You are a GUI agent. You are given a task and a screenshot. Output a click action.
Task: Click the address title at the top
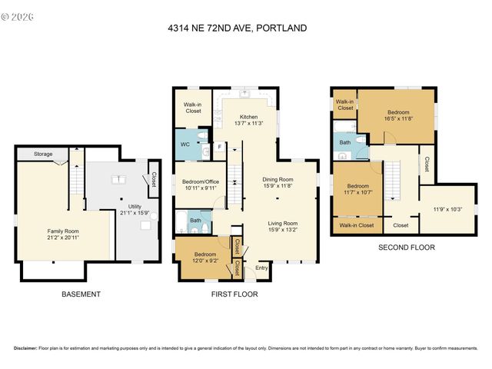[237, 28]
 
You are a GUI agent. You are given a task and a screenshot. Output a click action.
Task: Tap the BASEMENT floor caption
[81, 294]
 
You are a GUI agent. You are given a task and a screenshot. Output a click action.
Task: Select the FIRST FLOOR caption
[234, 294]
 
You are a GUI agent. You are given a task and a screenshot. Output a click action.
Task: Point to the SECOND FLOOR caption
[406, 248]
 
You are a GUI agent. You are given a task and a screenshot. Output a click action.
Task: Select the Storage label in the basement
[43, 155]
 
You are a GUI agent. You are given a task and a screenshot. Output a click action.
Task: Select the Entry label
[262, 268]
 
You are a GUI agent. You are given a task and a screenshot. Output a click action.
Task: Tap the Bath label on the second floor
[346, 142]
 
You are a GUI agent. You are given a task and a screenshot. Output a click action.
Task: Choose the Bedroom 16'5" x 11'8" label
[397, 113]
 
